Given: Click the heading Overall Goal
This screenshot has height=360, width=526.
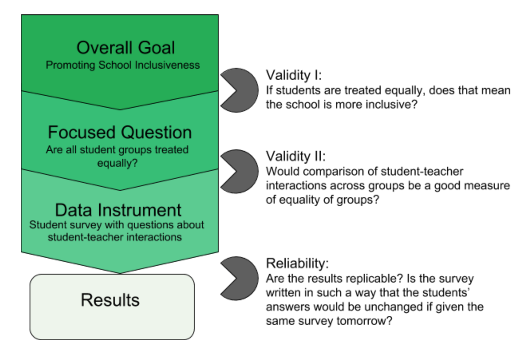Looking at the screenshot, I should (125, 47).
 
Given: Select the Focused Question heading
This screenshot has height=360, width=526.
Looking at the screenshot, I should (120, 132).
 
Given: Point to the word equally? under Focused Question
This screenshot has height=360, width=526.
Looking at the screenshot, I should (117, 163).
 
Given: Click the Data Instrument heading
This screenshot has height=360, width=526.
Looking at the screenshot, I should (118, 210).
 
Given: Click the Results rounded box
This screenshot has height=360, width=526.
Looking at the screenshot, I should (112, 306).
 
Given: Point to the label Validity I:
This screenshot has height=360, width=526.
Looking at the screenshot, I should (294, 75).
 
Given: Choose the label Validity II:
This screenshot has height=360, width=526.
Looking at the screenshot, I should (296, 156).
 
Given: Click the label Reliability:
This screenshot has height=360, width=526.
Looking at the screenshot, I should (297, 263).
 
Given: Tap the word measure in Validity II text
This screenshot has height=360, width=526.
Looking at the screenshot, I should (488, 186).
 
